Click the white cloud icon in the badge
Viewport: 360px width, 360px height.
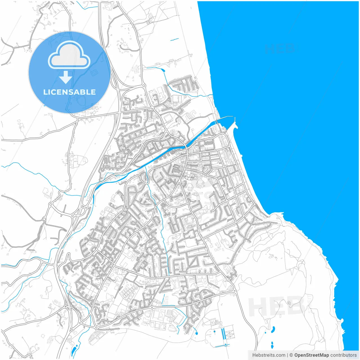[x=69, y=55]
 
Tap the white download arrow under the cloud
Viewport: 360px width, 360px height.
[x=66, y=77]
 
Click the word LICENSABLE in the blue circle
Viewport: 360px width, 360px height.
[x=69, y=92]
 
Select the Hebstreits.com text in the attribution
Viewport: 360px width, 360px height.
[x=269, y=355]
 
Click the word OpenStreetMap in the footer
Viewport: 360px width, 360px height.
[x=311, y=355]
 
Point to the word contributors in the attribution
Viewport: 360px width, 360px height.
[x=343, y=355]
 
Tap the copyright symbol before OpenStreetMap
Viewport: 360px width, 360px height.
[x=291, y=355]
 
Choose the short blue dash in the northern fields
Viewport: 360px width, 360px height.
[x=175, y=39]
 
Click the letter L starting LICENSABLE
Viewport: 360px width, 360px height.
[x=45, y=92]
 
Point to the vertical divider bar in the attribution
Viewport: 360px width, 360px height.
[x=287, y=355]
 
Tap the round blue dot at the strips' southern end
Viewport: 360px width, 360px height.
[x=225, y=345]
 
